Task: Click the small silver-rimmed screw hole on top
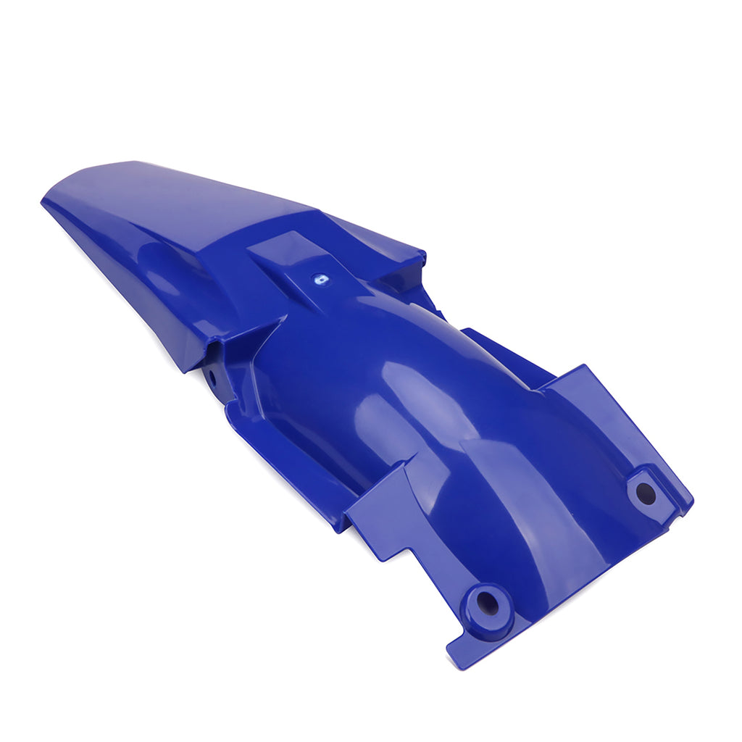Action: (x=319, y=278)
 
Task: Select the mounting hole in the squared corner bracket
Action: (x=645, y=493)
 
